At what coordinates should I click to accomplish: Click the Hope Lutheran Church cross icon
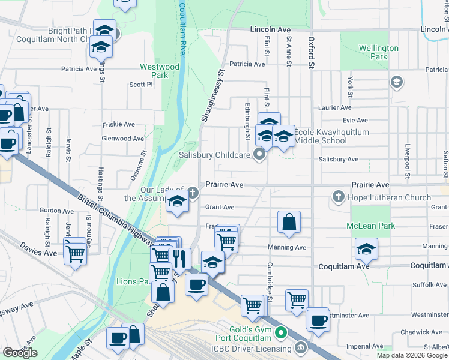click(339, 197)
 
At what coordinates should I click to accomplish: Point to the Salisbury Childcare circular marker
click(259, 155)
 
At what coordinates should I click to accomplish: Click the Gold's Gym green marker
click(280, 332)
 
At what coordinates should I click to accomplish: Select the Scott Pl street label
click(141, 85)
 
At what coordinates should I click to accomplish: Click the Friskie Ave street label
click(119, 125)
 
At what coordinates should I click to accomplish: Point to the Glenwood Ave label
click(122, 139)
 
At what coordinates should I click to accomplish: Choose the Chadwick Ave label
click(421, 332)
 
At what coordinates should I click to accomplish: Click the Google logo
click(20, 353)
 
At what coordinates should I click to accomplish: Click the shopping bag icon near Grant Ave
click(289, 222)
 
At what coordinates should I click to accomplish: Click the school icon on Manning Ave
click(366, 248)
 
